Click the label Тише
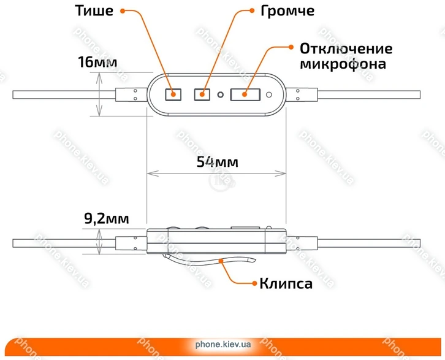point(93,11)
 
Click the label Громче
point(287,11)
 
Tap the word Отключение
point(346,48)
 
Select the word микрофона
point(343,64)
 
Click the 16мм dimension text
point(98,62)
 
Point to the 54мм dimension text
point(217,162)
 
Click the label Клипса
point(286,283)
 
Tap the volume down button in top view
point(174,94)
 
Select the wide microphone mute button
point(244,94)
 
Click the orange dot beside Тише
point(123,11)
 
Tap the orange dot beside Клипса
point(252,283)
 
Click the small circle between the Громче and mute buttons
point(220,94)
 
